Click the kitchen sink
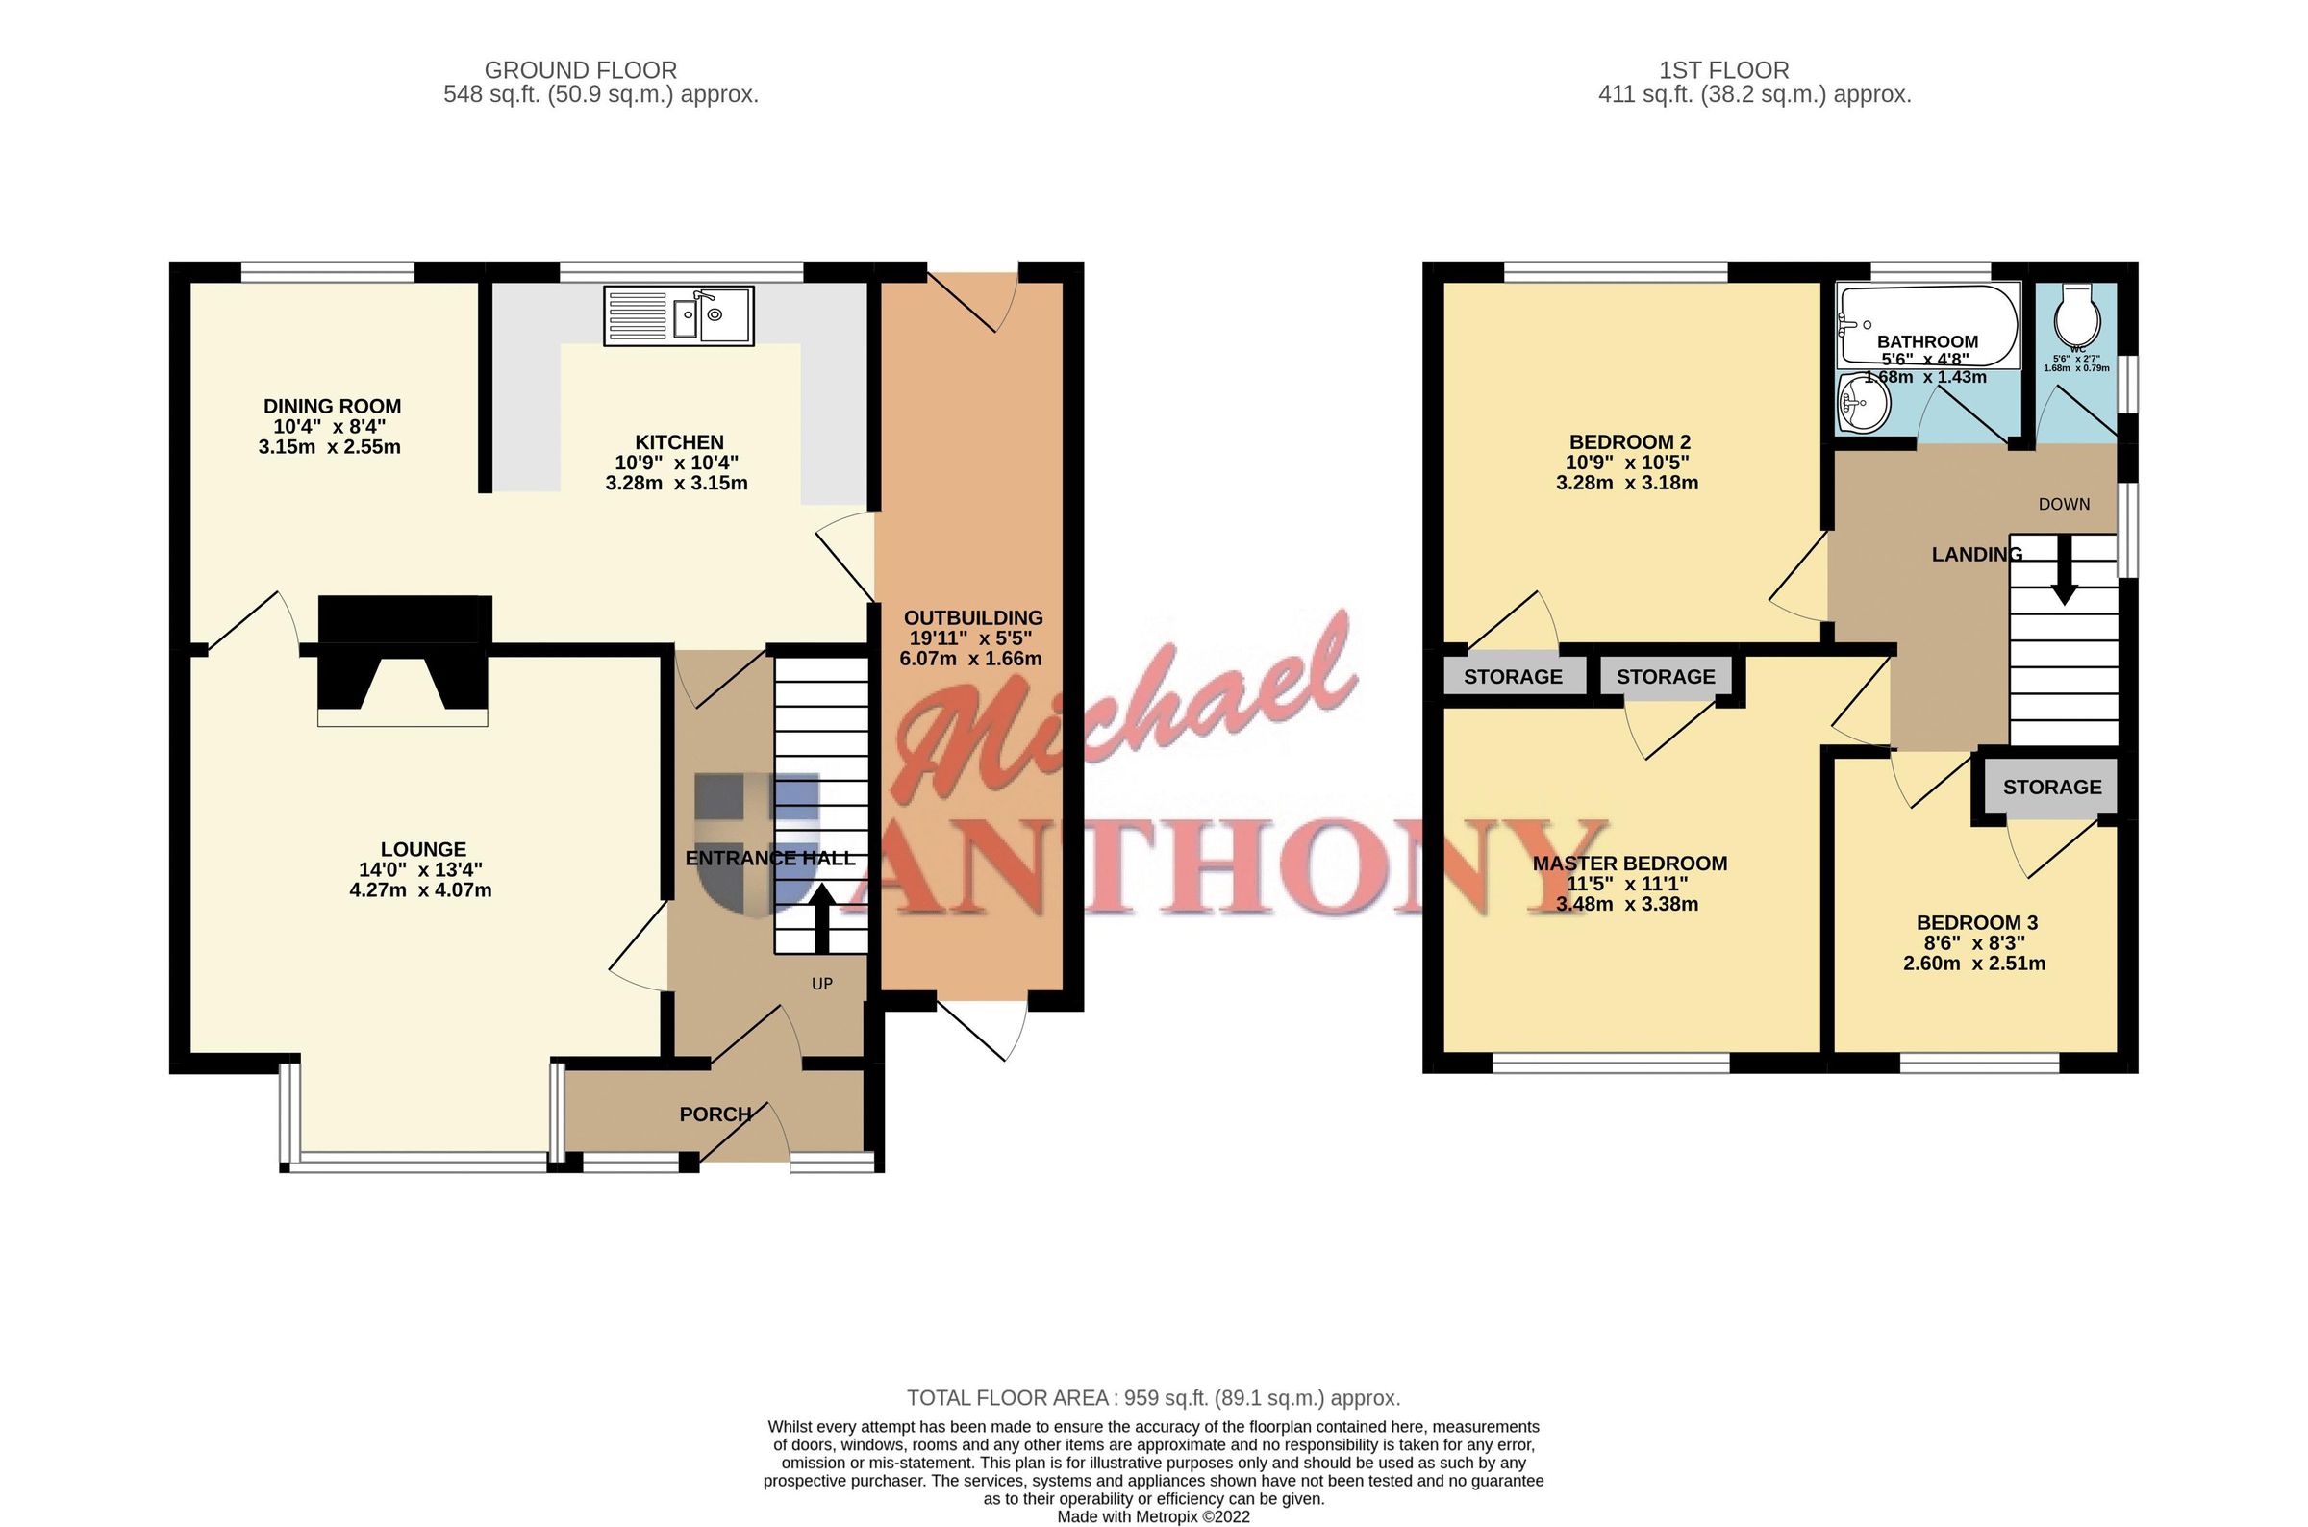(679, 315)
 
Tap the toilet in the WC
(2075, 314)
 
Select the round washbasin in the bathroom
(1863, 403)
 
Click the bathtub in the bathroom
(1927, 324)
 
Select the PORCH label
(715, 1114)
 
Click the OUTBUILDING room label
(972, 617)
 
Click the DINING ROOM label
(332, 406)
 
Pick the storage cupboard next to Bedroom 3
(2051, 787)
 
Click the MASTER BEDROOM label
(1629, 863)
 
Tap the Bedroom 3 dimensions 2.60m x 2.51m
(1974, 964)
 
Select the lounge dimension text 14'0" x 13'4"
(420, 869)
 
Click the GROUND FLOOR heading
(581, 70)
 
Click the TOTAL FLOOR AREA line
(1153, 1397)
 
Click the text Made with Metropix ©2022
(1153, 1516)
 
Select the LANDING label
(1976, 554)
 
